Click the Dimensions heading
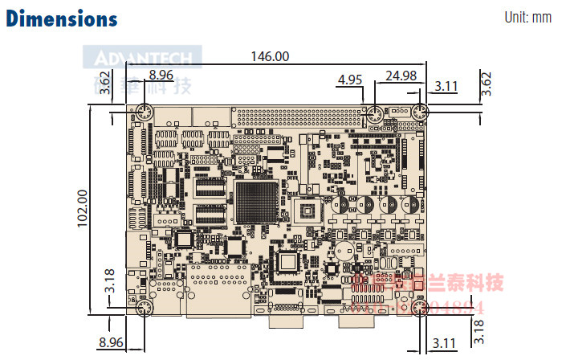point(62,18)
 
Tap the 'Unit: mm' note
point(527,18)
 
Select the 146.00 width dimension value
point(270,56)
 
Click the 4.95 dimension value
point(351,80)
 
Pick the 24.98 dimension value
point(401,76)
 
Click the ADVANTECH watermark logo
point(143,58)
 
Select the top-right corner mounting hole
point(419,114)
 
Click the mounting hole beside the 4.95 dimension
point(373,114)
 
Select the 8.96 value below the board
point(111,343)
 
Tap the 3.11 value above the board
point(446,85)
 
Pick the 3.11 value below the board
point(444,344)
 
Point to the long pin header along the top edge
point(297,117)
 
